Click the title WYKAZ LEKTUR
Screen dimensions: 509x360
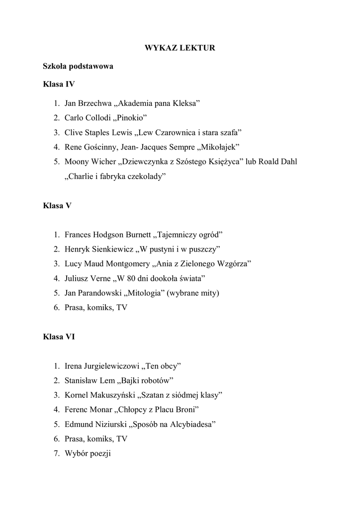click(x=180, y=48)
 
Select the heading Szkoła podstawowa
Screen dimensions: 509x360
click(x=78, y=66)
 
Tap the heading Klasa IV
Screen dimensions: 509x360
click(x=59, y=84)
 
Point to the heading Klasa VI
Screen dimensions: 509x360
click(x=59, y=337)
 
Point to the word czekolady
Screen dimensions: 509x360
click(x=144, y=176)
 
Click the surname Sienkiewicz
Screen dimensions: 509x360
click(x=109, y=249)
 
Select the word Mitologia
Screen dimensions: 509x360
click(x=147, y=293)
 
